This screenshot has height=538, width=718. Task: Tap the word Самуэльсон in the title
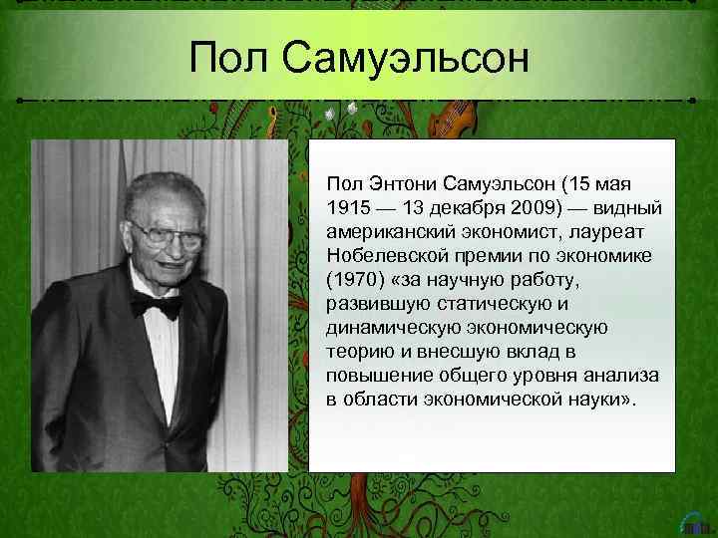410,63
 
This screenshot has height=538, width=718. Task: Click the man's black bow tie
157,304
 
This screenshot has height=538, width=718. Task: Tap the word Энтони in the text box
394,184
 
